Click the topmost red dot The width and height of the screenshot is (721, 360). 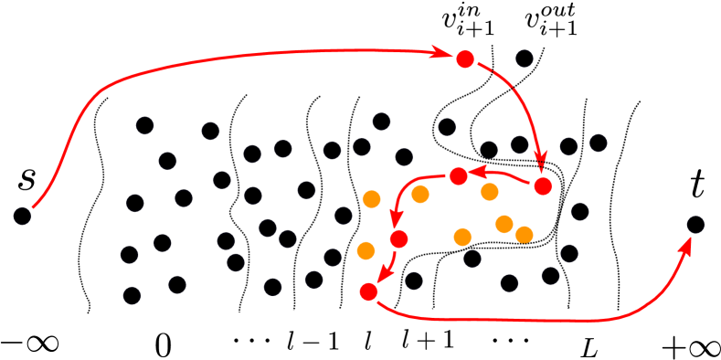coord(465,59)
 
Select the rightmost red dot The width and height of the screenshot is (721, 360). coord(543,186)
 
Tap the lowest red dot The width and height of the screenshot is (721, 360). coord(369,291)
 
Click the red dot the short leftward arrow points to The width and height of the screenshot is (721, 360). coord(459,175)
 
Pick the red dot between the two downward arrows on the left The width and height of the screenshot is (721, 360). coord(398,239)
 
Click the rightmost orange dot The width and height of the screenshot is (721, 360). coord(524,235)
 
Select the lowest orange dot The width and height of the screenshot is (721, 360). coord(366,250)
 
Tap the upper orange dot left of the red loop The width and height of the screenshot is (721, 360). coord(371,199)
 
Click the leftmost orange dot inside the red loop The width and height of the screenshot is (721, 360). coord(420,194)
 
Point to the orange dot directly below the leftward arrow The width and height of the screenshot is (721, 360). coord(490,192)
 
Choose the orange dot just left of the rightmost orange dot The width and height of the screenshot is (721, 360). coord(504,224)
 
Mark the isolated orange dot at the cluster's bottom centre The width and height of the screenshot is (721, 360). coord(462,238)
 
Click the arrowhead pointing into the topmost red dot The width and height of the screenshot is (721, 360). coord(442,53)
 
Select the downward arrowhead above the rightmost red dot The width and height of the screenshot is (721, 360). coord(540,163)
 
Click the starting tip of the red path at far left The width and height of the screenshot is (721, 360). coord(33,207)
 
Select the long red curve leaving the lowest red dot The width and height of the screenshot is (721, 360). coord(512,320)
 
